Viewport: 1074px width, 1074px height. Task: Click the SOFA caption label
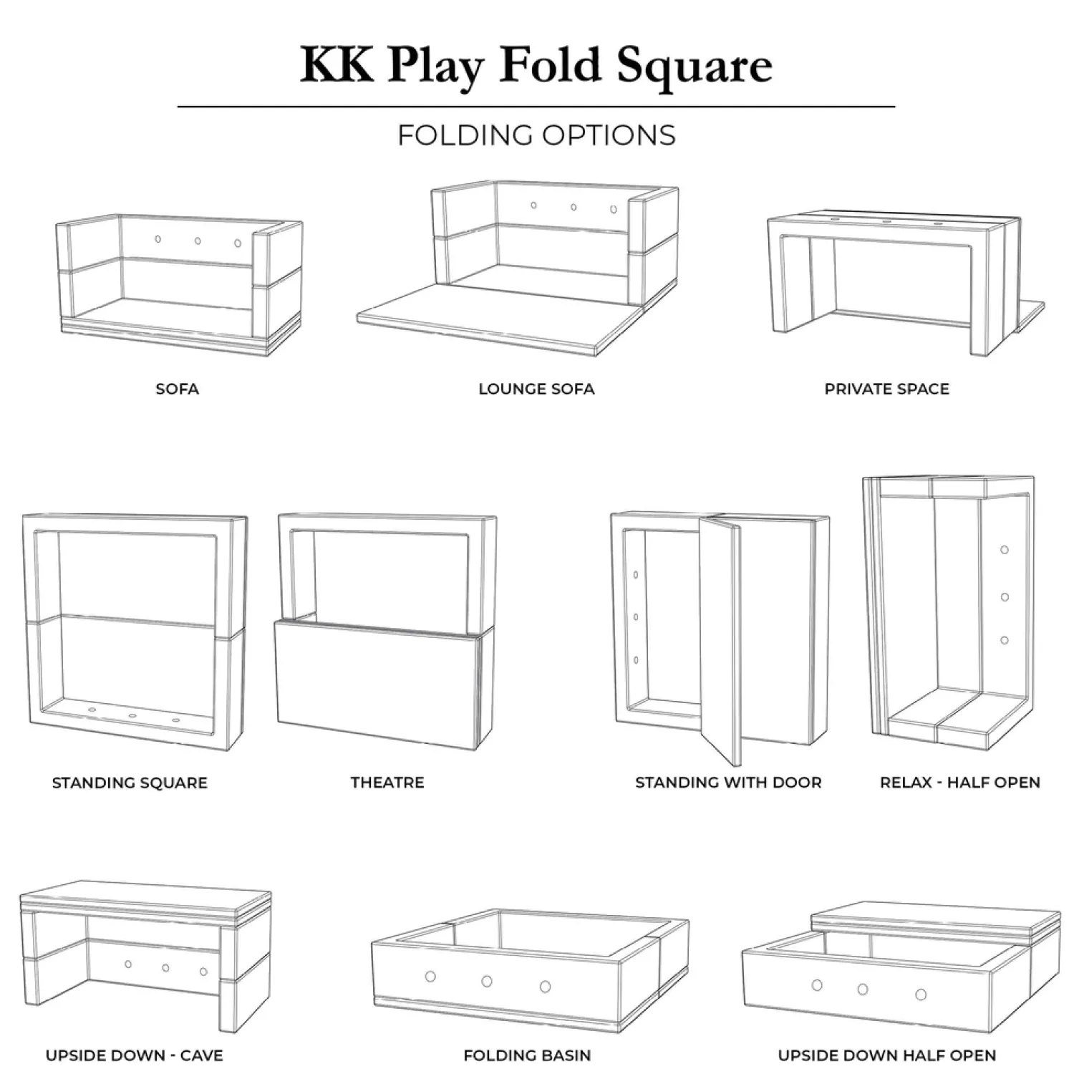[x=177, y=390]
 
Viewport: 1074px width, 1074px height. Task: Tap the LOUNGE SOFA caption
[x=536, y=390]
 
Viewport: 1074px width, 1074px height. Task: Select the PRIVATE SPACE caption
[x=886, y=390]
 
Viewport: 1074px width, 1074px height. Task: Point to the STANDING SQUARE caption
[x=130, y=783]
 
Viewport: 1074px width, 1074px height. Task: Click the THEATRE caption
[x=387, y=783]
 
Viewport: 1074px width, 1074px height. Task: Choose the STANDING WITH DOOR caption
[x=728, y=783]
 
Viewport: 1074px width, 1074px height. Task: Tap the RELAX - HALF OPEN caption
[x=959, y=783]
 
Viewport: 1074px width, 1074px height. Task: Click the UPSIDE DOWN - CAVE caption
[x=134, y=1055]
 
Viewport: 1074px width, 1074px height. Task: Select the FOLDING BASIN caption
[x=527, y=1055]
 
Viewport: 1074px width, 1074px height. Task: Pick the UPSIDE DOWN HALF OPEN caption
[x=886, y=1055]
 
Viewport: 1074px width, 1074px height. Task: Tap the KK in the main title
[x=337, y=66]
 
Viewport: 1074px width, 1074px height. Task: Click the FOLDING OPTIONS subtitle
[x=536, y=135]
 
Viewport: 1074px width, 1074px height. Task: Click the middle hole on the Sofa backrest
[x=198, y=241]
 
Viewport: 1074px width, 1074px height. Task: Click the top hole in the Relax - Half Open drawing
[x=1005, y=550]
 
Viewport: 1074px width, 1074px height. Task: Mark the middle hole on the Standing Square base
[x=132, y=715]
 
